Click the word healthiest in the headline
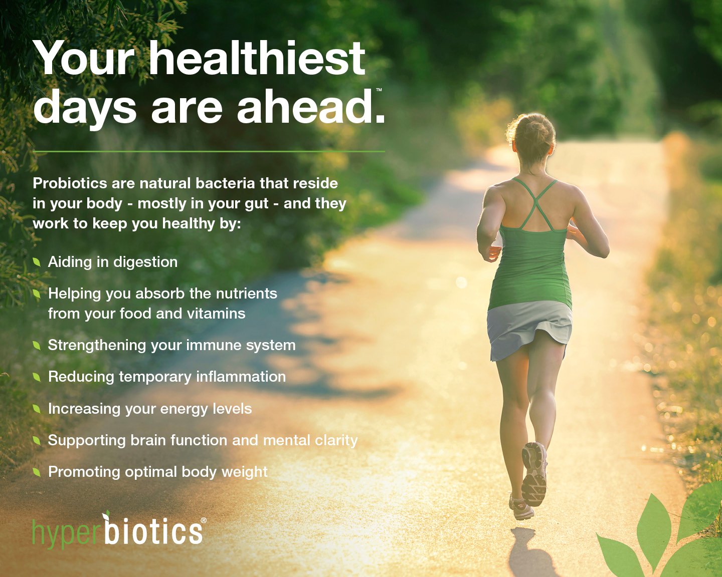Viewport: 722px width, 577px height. (257, 58)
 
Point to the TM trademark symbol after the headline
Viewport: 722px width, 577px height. (379, 90)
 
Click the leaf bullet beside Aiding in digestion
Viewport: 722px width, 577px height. (37, 262)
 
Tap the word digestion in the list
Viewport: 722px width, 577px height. (145, 262)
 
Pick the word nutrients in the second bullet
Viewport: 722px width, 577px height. (247, 294)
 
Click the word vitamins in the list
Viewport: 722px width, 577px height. (216, 314)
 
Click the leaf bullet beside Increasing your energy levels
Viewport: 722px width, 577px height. (37, 409)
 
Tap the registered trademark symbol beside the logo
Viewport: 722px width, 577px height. (204, 520)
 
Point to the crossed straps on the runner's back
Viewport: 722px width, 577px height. (534, 204)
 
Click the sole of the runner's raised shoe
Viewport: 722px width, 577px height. (534, 474)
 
